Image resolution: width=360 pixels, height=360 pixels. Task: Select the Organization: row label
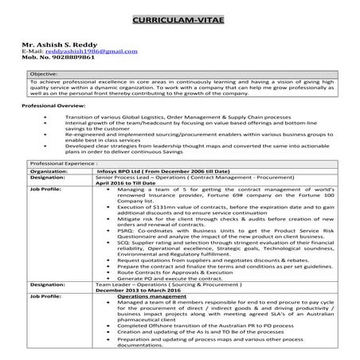pos(49,170)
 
